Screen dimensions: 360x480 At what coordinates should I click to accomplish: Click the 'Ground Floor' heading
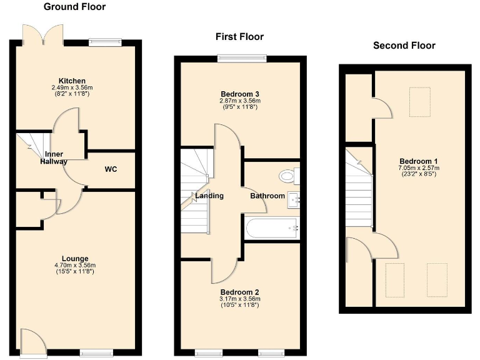(x=74, y=7)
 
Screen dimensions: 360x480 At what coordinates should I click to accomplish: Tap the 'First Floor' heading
(x=239, y=37)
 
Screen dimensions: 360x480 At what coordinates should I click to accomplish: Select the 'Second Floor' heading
(x=404, y=45)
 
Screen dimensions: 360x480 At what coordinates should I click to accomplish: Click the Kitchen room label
(x=72, y=81)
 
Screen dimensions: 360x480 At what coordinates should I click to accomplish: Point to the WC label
(x=111, y=169)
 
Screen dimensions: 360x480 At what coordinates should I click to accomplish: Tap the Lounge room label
(x=74, y=258)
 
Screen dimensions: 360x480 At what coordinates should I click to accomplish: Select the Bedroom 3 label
(x=239, y=94)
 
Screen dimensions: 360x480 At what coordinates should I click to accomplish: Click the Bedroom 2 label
(x=239, y=292)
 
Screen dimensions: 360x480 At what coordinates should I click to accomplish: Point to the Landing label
(x=209, y=196)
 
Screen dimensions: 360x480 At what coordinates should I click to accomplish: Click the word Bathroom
(x=267, y=196)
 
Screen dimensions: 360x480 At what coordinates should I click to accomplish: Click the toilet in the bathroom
(x=290, y=176)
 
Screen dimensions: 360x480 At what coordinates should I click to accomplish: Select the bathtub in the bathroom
(x=272, y=229)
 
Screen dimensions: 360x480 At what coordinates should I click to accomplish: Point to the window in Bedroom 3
(x=241, y=58)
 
